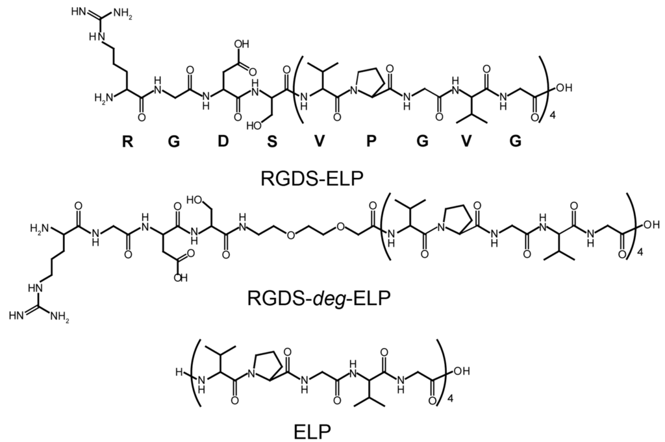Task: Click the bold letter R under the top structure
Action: [x=128, y=143]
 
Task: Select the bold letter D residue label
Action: [x=223, y=143]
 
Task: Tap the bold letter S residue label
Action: [x=271, y=143]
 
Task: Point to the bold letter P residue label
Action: [x=371, y=143]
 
